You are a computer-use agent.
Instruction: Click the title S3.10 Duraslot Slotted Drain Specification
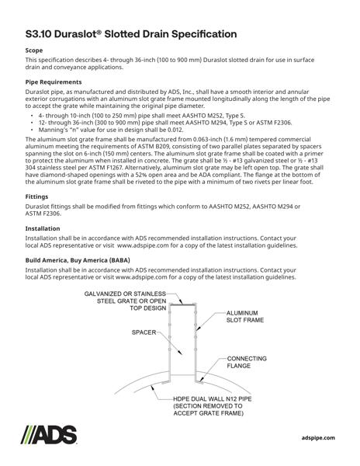[131, 35]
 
